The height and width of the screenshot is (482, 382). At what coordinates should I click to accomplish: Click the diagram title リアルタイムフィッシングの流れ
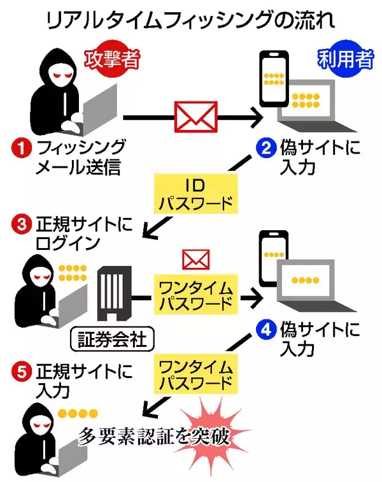point(191,21)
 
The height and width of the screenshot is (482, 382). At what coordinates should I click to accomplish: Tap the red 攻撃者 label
point(113,61)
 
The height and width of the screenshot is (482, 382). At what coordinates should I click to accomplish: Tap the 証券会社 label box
point(112,338)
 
